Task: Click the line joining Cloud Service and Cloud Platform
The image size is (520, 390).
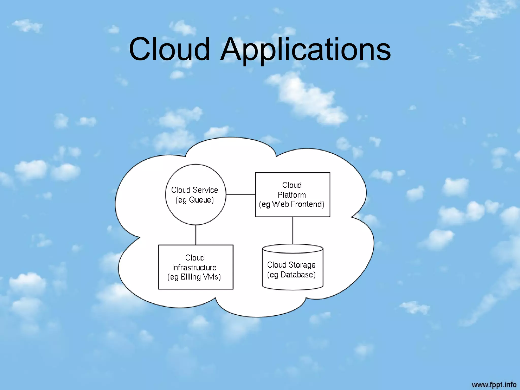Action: coord(240,194)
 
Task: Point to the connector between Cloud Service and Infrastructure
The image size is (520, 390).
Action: coord(196,235)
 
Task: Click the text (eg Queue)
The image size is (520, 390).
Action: coord(195,200)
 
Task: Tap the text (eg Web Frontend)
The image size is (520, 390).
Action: coord(292,204)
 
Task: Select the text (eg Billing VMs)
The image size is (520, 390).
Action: coord(194,277)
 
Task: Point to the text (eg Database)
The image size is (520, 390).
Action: coord(291,275)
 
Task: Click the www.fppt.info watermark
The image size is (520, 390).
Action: coord(494,384)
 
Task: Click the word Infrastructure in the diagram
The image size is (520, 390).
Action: coord(194,267)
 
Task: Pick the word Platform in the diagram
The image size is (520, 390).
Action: coord(292,195)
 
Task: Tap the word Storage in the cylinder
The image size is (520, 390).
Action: coord(302,265)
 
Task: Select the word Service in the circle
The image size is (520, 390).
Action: coord(205,190)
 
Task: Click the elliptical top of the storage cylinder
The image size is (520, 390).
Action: coord(292,249)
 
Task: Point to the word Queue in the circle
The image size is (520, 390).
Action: coord(200,200)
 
